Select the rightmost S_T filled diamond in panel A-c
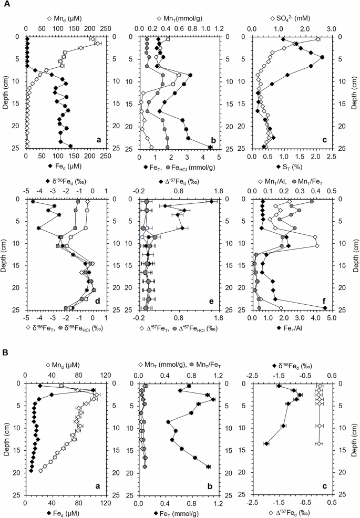(322, 57)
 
